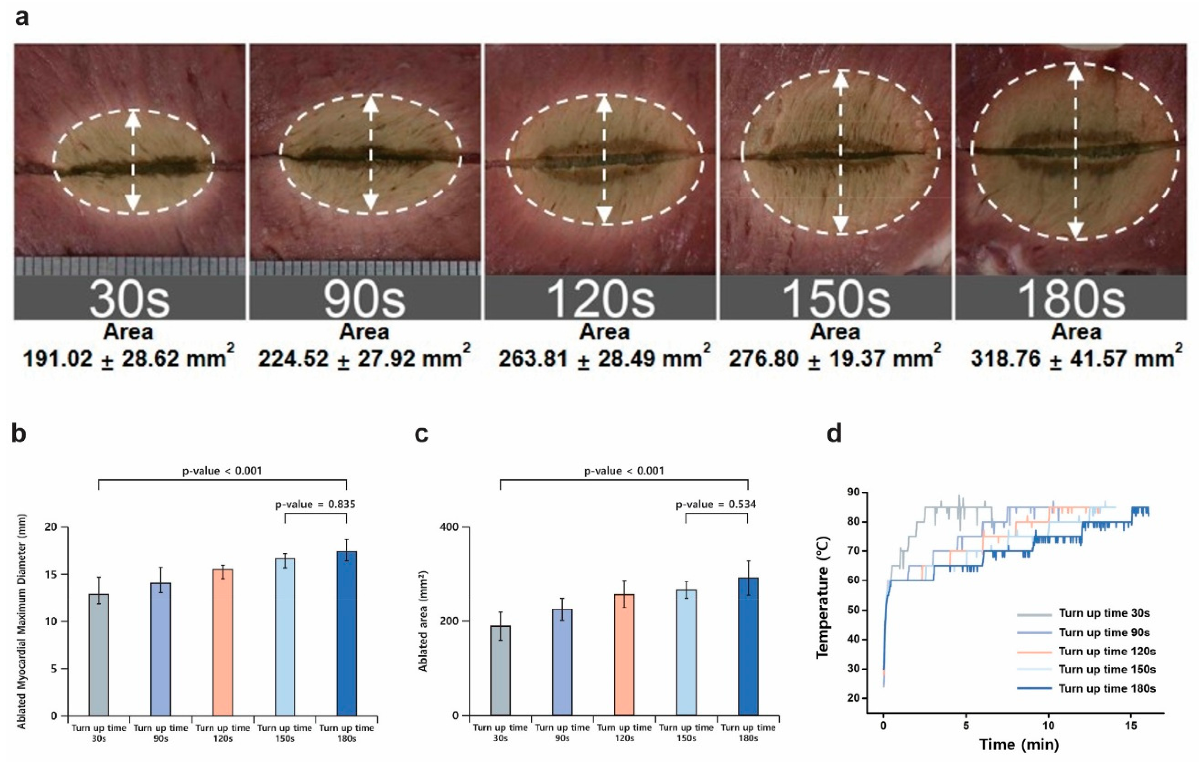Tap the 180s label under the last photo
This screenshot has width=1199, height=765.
tap(1071, 298)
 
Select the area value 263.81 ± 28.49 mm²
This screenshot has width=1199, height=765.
tap(604, 359)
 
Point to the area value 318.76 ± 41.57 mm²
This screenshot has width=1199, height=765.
tap(1076, 359)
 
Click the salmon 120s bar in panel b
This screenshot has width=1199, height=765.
tap(222, 642)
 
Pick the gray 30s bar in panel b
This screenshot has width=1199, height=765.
tap(99, 655)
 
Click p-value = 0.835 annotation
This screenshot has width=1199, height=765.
tap(315, 504)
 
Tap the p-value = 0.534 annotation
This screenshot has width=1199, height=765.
tap(716, 504)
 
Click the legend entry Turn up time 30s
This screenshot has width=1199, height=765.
tap(1104, 613)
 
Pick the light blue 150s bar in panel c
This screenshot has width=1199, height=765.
tap(686, 652)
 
